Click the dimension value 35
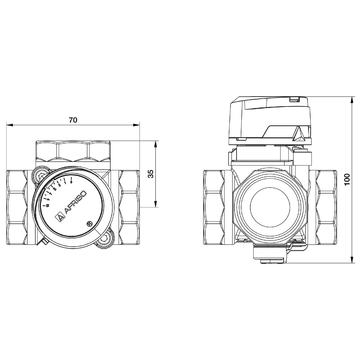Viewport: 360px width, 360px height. pyautogui.click(x=150, y=172)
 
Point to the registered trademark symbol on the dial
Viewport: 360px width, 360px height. pyautogui.click(x=91, y=223)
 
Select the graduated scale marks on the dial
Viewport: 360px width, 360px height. pyautogui.click(x=60, y=187)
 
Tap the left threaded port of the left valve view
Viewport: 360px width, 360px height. pyautogui.click(x=20, y=206)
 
